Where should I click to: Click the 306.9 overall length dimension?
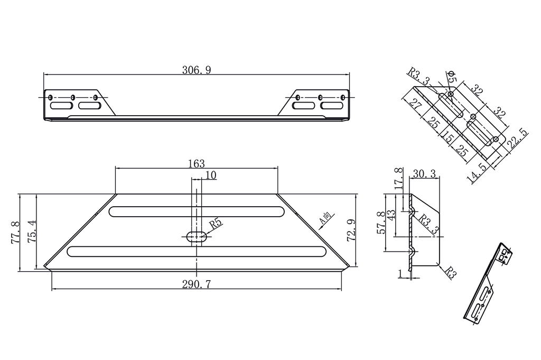pyautogui.click(x=197, y=70)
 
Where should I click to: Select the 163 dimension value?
pyautogui.click(x=196, y=164)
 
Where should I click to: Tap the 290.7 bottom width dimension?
pyautogui.click(x=197, y=284)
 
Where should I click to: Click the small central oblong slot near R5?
pyautogui.click(x=197, y=236)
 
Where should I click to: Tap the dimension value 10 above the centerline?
pyautogui.click(x=211, y=176)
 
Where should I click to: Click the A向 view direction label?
pyautogui.click(x=326, y=219)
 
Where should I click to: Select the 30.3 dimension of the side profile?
pyautogui.click(x=424, y=173)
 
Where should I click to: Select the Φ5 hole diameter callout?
pyautogui.click(x=451, y=78)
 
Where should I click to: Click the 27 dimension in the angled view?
pyautogui.click(x=416, y=104)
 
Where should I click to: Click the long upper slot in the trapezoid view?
pyautogui.click(x=197, y=211)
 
